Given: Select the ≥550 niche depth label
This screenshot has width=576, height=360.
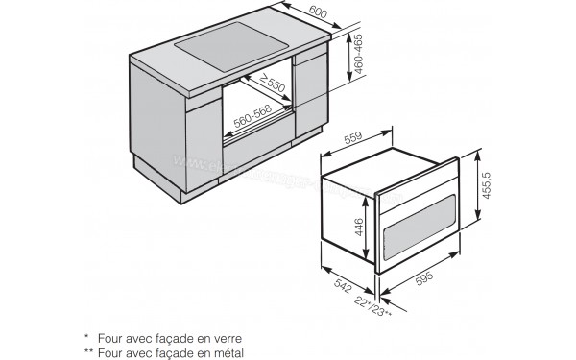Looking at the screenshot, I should click(x=274, y=85).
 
